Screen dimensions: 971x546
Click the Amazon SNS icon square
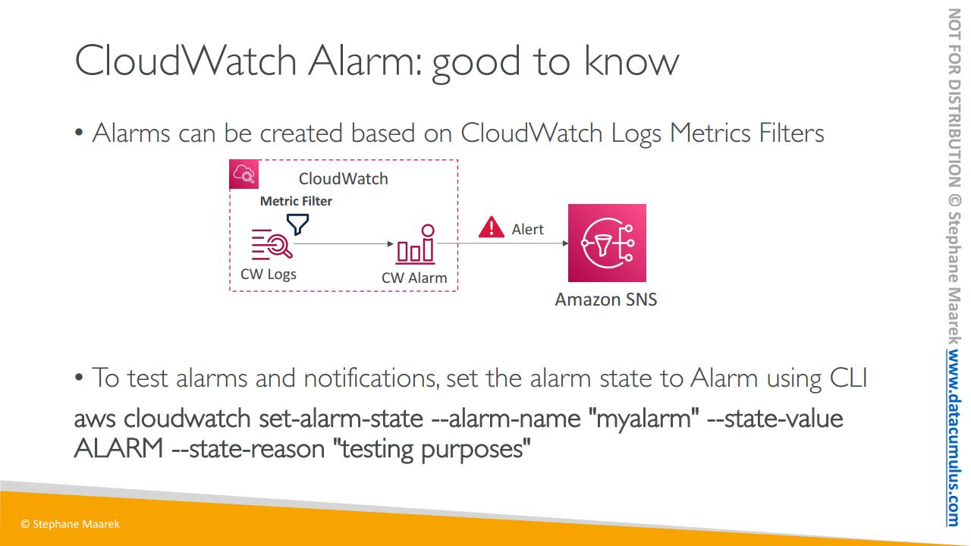point(607,243)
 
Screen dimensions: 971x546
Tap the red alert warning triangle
point(491,227)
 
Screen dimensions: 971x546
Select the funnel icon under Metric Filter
point(297,224)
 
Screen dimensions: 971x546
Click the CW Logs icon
point(272,244)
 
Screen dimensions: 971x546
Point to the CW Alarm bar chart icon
point(415,244)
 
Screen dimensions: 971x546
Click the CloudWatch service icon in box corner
point(244,174)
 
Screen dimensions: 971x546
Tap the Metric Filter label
point(296,201)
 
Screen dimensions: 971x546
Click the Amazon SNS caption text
point(606,300)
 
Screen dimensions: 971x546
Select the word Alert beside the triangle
point(527,229)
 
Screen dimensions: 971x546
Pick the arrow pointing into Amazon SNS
point(503,243)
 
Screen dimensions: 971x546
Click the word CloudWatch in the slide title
point(186,61)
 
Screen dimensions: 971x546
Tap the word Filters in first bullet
point(791,133)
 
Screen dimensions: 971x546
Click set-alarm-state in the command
point(341,419)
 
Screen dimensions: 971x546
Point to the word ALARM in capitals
point(119,448)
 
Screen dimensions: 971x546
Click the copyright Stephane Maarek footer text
point(70,524)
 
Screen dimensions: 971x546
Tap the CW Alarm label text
point(414,278)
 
